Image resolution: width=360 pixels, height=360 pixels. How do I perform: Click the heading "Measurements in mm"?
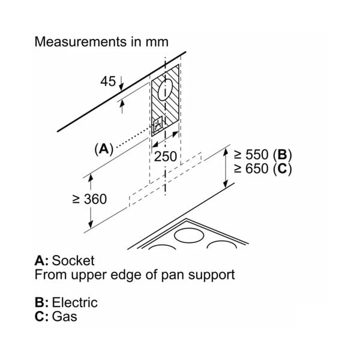(101, 42)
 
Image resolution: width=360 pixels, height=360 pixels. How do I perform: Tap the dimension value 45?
(108, 81)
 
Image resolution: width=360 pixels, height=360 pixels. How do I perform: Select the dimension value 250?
(166, 157)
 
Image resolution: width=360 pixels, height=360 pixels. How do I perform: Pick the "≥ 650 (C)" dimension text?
(263, 169)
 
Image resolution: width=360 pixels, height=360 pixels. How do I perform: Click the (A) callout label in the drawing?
(87, 148)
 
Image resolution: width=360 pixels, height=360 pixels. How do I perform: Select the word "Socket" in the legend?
(73, 261)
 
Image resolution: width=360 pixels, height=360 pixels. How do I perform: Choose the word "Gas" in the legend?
(65, 316)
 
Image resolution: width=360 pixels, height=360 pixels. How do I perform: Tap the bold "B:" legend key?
(42, 302)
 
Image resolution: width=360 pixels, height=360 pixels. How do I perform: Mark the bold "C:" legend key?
(42, 316)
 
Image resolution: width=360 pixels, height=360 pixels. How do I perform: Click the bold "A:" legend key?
(42, 261)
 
